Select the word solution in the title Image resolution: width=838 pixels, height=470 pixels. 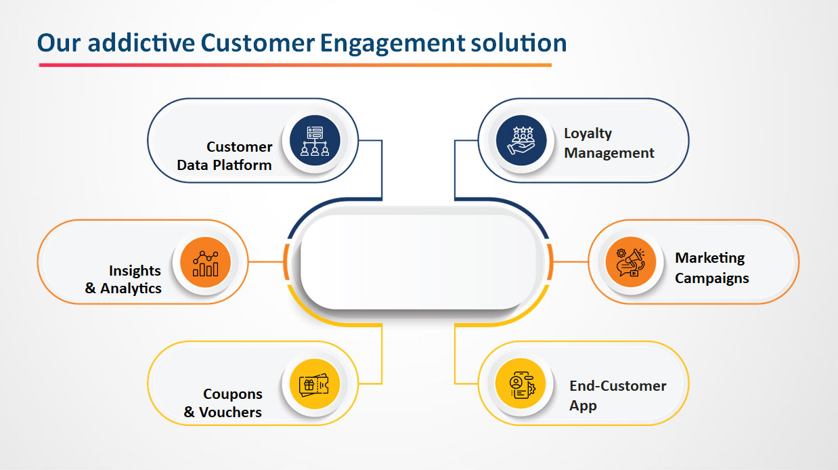[x=517, y=43]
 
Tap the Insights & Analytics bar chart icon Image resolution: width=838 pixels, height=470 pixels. [x=205, y=262]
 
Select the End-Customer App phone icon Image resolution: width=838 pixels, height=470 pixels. [x=520, y=385]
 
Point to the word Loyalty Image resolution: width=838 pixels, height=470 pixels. [x=588, y=133]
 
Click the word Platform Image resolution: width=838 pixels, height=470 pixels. [x=241, y=165]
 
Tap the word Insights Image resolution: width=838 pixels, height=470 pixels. [x=135, y=271]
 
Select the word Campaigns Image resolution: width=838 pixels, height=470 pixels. [x=711, y=278]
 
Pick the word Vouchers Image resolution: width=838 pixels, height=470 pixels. [x=230, y=412]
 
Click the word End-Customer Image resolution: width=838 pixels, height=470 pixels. [x=617, y=386]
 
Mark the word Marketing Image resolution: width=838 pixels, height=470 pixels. [x=709, y=258]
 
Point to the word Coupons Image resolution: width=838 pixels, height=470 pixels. [x=232, y=394]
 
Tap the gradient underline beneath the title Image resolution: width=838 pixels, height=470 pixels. [x=294, y=65]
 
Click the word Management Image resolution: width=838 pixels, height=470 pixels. [x=609, y=153]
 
